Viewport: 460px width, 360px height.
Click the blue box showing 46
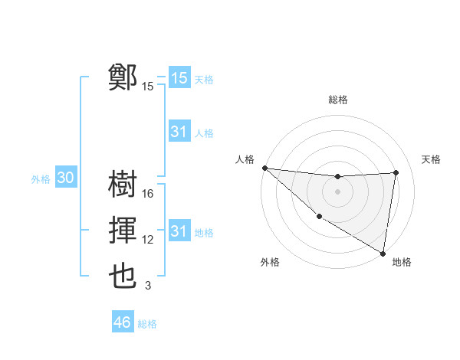[x=123, y=322]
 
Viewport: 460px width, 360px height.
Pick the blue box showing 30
[x=66, y=178]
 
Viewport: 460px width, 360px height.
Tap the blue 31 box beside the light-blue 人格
[x=179, y=132]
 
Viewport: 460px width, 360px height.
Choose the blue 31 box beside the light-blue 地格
[x=179, y=231]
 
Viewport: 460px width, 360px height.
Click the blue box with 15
[x=179, y=78]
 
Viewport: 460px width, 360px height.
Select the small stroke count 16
[x=148, y=194]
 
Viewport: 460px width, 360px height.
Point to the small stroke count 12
[x=148, y=240]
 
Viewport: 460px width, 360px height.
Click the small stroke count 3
[x=148, y=286]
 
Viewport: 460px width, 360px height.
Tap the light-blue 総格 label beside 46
[x=147, y=324]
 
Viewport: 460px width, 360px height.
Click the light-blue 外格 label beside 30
[x=41, y=179]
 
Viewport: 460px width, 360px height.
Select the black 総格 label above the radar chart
[x=337, y=100]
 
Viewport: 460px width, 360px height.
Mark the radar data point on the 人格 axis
[x=264, y=168]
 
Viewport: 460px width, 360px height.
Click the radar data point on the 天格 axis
[x=396, y=172]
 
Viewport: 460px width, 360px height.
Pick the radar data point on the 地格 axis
[x=383, y=252]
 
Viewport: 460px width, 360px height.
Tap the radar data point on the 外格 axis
[x=318, y=216]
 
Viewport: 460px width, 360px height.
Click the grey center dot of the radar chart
[x=337, y=191]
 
